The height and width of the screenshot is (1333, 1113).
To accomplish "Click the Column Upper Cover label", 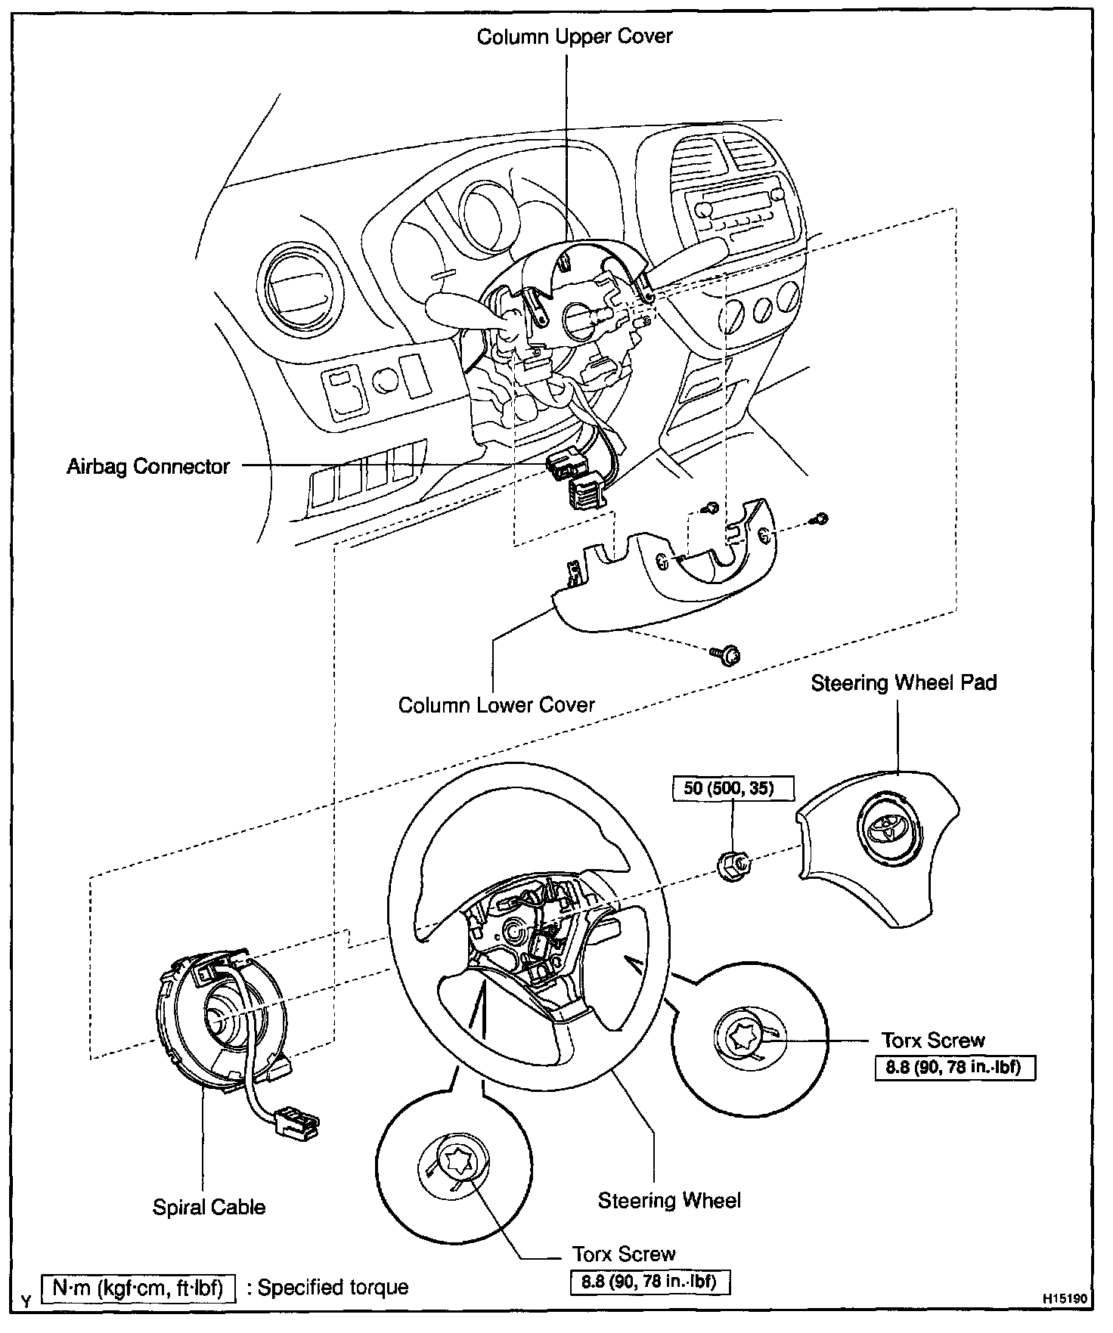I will [574, 37].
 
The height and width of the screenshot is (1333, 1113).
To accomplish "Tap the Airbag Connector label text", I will [148, 466].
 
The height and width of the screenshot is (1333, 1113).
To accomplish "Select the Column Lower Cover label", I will [496, 705].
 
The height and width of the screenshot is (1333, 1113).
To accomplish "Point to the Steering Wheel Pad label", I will [904, 683].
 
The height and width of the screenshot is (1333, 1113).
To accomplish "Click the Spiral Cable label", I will [209, 1207].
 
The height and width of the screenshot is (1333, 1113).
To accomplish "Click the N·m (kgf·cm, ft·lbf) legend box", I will [138, 1288].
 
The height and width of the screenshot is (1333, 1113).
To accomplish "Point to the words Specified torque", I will [333, 1288].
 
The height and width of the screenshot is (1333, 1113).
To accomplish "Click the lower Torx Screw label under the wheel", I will [623, 1254].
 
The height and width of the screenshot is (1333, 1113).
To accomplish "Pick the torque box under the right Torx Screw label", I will [955, 1068].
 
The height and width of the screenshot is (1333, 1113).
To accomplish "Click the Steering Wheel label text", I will [669, 1201].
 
